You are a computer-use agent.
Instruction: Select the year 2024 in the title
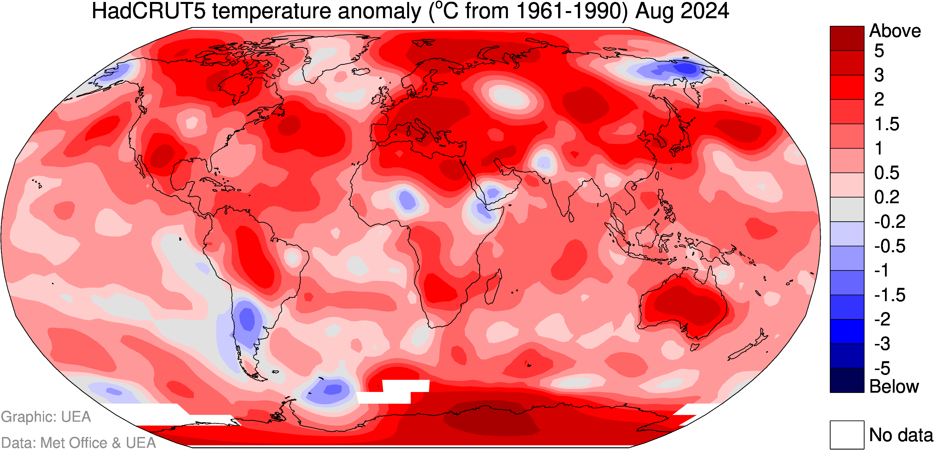click(705, 11)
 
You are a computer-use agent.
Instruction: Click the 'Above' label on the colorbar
click(895, 31)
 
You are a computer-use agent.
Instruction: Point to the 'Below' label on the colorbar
click(894, 387)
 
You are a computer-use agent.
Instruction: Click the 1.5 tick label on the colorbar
click(887, 124)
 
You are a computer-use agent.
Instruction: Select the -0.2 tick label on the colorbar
click(890, 222)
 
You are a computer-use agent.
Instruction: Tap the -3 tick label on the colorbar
click(882, 343)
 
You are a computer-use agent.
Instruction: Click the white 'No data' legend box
click(847, 434)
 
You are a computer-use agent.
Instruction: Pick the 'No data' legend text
click(901, 435)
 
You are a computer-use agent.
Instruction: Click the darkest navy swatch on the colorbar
click(847, 380)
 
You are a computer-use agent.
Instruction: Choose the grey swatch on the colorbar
click(847, 209)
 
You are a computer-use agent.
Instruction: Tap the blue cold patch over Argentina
click(248, 319)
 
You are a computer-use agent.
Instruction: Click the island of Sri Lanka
click(571, 217)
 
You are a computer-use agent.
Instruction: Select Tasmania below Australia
click(694, 347)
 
